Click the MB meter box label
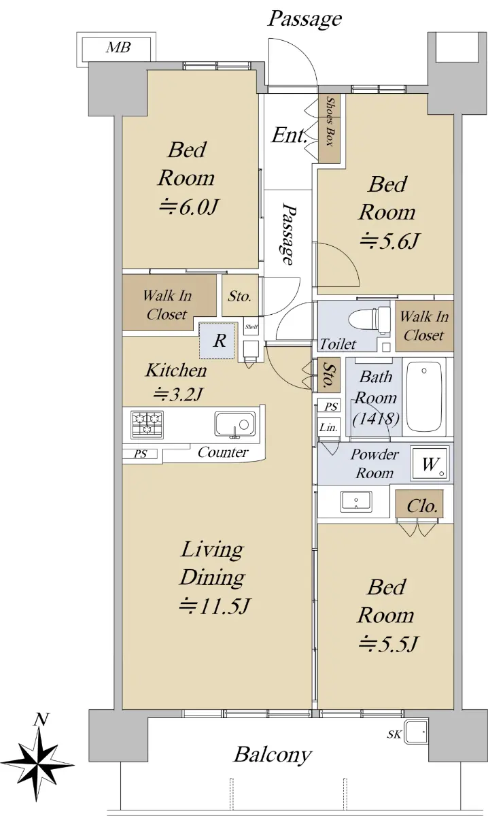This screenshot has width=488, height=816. (118, 48)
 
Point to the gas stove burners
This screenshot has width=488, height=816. (147, 424)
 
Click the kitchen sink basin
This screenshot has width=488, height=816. (235, 424)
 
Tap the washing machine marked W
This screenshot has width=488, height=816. (430, 463)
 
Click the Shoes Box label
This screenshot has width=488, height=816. (330, 121)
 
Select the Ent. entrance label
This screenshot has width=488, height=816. (290, 135)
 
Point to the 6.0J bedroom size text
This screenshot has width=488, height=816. (189, 207)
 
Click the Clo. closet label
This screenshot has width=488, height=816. (421, 506)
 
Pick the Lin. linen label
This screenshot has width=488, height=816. (328, 427)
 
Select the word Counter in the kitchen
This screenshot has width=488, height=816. (223, 452)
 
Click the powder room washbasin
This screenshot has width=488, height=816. (355, 501)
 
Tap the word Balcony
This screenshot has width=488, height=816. (273, 755)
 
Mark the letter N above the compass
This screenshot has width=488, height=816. (41, 719)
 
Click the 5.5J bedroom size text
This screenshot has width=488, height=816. (388, 644)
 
